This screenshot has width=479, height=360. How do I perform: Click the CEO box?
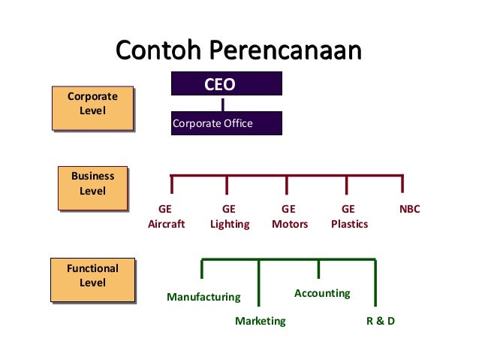226,83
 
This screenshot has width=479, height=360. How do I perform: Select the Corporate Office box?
226,123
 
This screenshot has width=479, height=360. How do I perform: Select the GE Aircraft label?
166,216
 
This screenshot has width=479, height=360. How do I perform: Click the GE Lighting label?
230,216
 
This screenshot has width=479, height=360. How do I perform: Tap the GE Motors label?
289,216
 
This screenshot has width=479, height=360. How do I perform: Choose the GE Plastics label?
349,216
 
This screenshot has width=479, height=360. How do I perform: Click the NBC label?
410,210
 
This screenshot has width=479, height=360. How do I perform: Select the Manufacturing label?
203,297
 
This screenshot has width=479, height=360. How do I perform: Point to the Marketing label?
261,321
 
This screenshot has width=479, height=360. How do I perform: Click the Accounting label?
322,293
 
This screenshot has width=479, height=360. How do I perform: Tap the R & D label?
380,321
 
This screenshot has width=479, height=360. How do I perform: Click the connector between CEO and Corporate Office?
223,104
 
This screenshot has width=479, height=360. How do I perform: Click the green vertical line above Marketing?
259,286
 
